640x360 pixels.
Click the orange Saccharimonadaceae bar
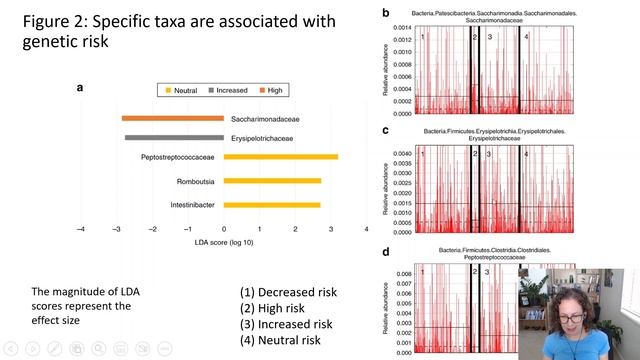point(173,118)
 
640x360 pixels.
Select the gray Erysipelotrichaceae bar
point(174,137)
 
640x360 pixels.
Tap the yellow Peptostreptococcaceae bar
point(281,157)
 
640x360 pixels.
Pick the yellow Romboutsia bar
point(272,181)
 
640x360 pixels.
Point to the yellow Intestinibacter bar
point(272,205)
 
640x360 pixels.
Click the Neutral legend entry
point(181,90)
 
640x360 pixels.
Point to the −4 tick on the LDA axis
point(80,229)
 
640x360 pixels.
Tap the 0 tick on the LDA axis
point(224,229)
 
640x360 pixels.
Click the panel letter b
point(386,13)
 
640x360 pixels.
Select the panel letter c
point(386,130)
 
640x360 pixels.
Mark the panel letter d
point(386,250)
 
